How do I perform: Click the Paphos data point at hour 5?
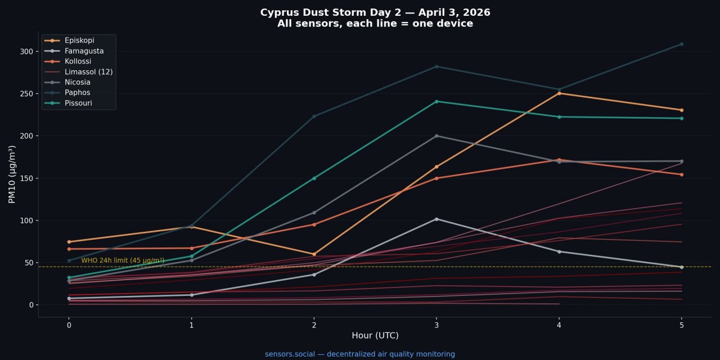coord(681,44)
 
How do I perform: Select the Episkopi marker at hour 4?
coord(559,93)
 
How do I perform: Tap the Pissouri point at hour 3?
coord(436,101)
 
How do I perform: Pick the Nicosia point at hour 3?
coord(436,136)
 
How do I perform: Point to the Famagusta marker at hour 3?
coord(436,219)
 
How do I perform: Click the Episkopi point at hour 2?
coord(314,254)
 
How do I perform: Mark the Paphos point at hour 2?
coord(314,116)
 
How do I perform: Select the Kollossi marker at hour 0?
coord(69,249)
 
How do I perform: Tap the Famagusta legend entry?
coord(84,51)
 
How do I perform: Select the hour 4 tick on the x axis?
coord(559,325)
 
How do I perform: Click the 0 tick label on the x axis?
coord(69,325)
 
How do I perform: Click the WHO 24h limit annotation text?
coord(123,260)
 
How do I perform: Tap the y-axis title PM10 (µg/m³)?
coord(12,174)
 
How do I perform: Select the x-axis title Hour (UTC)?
coord(375,336)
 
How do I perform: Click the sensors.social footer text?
coord(360,354)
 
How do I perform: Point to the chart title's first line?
coord(375,12)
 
